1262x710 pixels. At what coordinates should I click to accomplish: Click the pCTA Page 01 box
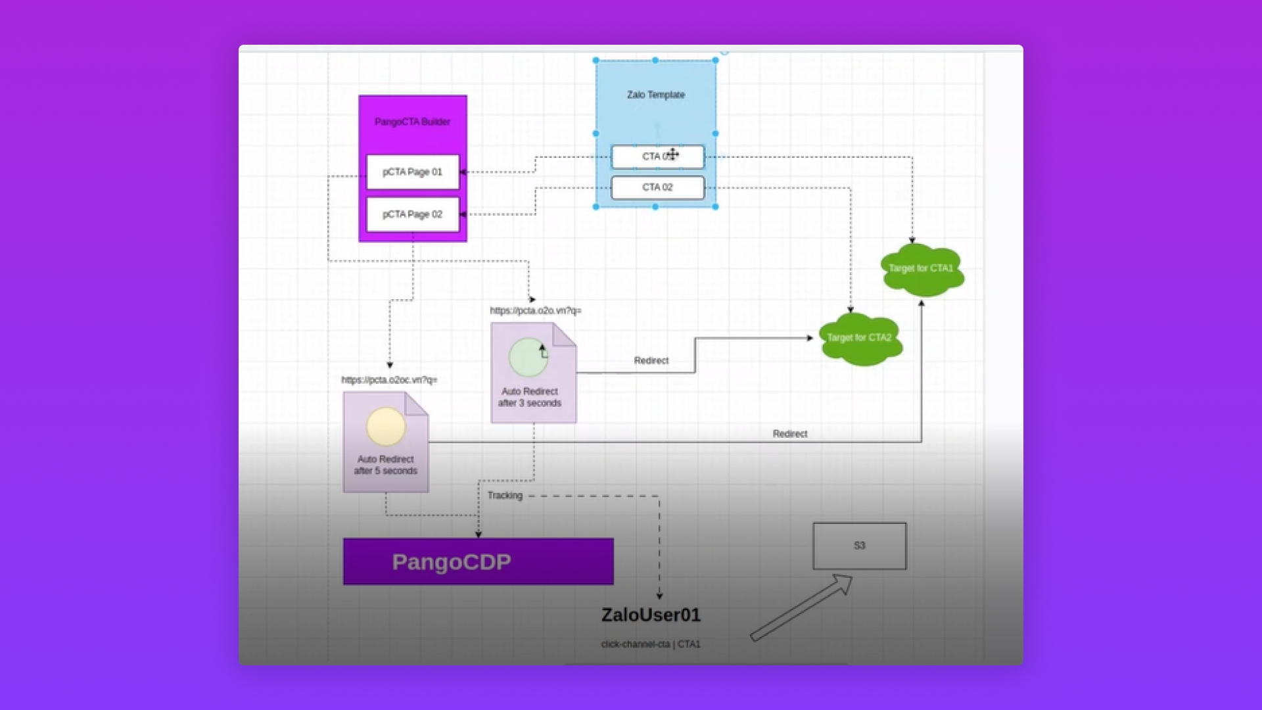(x=413, y=172)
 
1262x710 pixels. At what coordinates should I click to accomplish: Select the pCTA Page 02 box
(x=413, y=214)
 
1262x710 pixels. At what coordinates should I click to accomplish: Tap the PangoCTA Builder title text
(x=412, y=122)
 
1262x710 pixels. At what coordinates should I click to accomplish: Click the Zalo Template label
(x=656, y=95)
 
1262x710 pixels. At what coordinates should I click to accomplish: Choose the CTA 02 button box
(x=657, y=187)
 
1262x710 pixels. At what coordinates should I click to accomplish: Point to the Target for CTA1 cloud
(x=921, y=268)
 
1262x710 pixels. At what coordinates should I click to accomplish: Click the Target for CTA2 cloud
(x=859, y=338)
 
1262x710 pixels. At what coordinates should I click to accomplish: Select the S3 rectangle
(x=859, y=546)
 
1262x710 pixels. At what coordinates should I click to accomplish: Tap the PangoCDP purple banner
(x=478, y=562)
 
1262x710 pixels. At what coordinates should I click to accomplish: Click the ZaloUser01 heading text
(x=651, y=615)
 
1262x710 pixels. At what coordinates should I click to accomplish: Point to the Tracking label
(x=505, y=496)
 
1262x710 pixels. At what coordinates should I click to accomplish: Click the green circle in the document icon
(x=528, y=357)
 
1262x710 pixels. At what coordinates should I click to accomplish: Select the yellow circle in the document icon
(x=386, y=427)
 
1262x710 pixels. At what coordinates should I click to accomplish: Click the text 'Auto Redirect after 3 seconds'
(x=530, y=397)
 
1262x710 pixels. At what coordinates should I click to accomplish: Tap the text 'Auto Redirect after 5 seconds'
(x=386, y=465)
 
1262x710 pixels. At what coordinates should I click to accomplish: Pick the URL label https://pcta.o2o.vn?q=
(x=536, y=310)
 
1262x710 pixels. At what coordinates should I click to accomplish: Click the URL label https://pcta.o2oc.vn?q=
(x=389, y=380)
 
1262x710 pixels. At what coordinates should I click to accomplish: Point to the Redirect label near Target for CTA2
(x=651, y=361)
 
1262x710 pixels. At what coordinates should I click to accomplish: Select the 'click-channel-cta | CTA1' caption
(x=651, y=644)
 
